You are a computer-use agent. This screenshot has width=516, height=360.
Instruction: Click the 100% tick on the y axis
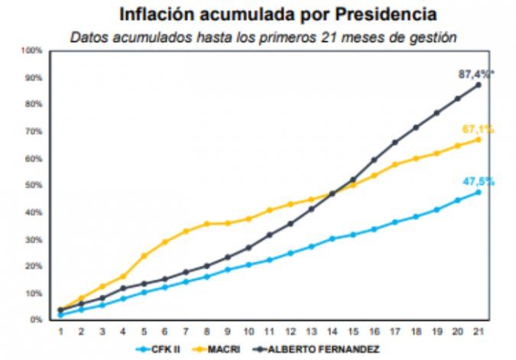(31, 50)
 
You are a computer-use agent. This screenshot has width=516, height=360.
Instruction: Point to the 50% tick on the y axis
(33, 185)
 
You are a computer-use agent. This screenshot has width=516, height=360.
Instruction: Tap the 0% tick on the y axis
(35, 319)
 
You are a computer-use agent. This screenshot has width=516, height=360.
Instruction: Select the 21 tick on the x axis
(479, 330)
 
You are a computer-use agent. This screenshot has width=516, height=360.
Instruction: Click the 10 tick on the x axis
(248, 330)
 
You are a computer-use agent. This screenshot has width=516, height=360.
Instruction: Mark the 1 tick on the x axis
(60, 330)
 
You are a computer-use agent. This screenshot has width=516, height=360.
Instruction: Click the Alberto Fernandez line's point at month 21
(479, 85)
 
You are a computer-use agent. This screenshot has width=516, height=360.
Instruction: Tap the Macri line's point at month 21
(479, 139)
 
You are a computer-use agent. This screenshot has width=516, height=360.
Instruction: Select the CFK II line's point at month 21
(479, 192)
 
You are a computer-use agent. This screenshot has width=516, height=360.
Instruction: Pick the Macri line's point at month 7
(186, 231)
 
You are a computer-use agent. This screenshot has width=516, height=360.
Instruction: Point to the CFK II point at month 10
(248, 264)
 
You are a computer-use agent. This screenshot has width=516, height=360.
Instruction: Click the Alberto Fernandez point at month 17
(395, 142)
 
